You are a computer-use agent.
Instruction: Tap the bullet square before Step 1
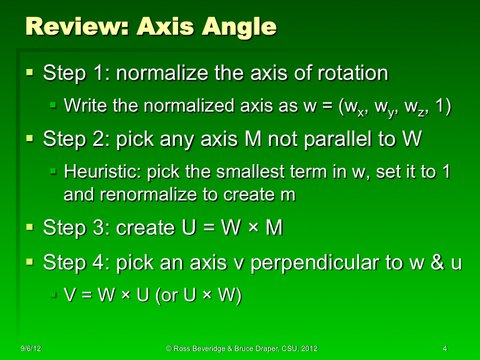[30, 73]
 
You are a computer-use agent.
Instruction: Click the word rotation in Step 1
[356, 74]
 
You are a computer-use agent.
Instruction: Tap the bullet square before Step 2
[30, 139]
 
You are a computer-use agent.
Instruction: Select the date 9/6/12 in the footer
[30, 349]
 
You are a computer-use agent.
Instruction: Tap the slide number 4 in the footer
[445, 349]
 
